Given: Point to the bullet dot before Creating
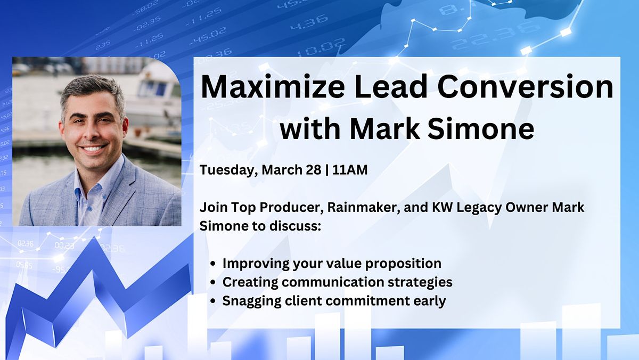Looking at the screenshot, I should tap(214, 282).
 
